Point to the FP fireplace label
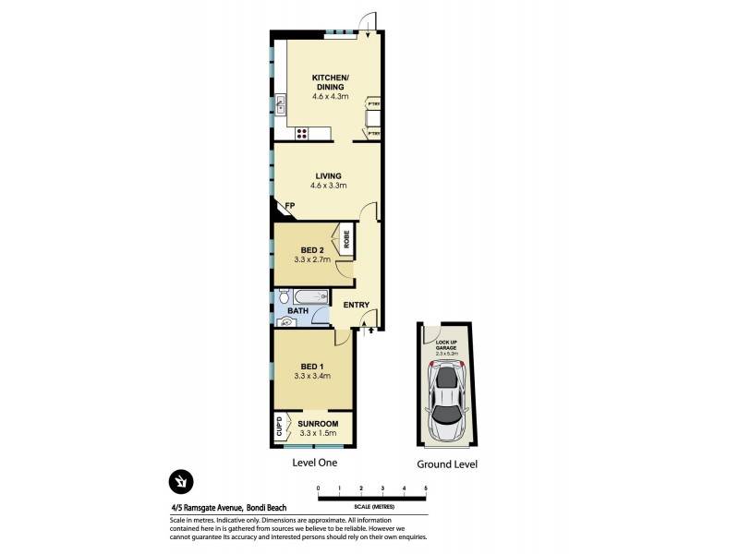(x=288, y=206)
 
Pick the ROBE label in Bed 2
(x=347, y=240)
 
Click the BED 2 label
(x=312, y=250)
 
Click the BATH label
(x=297, y=312)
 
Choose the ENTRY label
(x=357, y=306)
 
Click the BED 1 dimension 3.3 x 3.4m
(x=312, y=376)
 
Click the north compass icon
(x=180, y=481)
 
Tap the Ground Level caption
(x=447, y=464)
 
